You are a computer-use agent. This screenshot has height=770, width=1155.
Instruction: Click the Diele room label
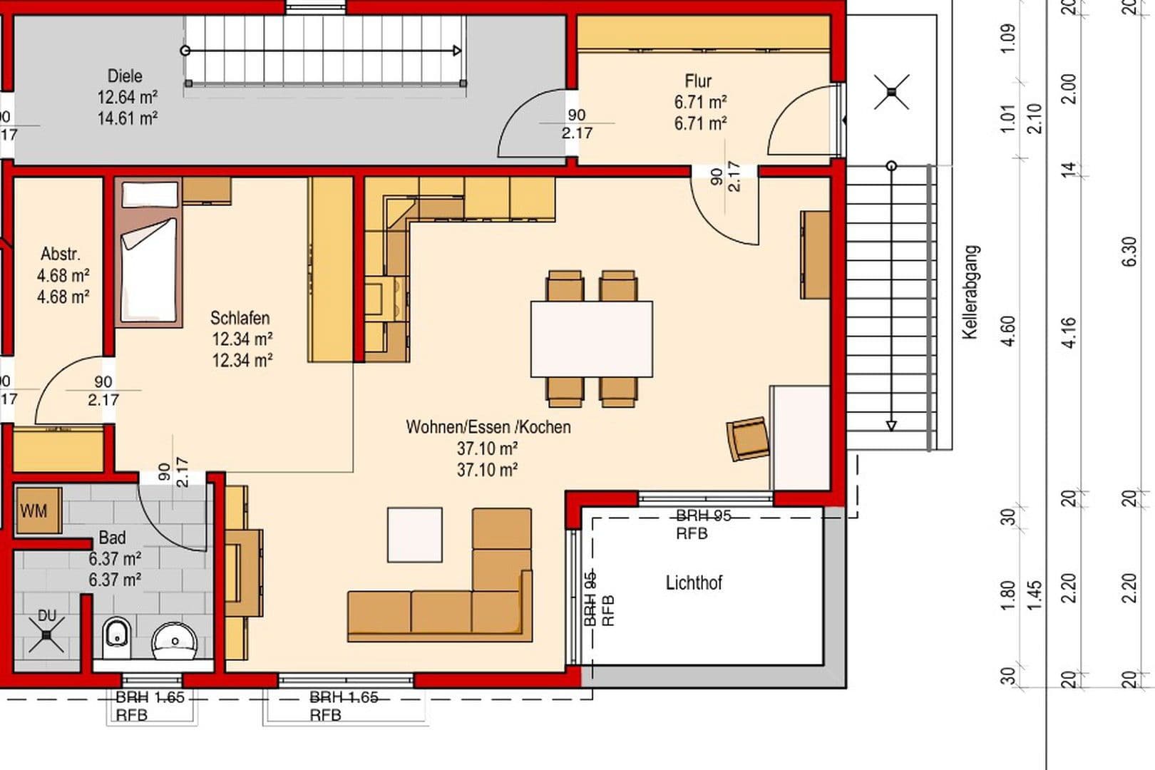point(125,76)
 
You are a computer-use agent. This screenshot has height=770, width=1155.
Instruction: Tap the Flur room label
point(698,81)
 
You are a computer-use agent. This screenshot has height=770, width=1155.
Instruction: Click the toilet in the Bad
point(116,638)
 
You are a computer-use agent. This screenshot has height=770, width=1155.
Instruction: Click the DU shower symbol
point(47,635)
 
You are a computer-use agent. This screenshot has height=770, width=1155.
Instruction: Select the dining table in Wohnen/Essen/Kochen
point(591,339)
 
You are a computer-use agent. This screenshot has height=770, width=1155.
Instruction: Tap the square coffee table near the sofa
point(414,535)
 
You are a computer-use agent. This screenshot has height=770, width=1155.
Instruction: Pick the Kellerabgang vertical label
point(970,292)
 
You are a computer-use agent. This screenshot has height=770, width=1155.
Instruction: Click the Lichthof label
point(694,583)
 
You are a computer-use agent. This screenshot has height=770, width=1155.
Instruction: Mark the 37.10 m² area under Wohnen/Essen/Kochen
point(487,448)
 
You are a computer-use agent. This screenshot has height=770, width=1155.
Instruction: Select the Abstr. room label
point(61,255)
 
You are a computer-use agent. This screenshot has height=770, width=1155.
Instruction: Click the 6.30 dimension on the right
point(1130,252)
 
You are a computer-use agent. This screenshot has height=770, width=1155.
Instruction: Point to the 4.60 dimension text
point(1008,332)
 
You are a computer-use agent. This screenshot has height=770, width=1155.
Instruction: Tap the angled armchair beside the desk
point(747,438)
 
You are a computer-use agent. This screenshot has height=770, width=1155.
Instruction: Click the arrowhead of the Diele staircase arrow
point(457,51)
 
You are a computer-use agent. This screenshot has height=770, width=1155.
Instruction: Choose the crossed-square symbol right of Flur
point(891,92)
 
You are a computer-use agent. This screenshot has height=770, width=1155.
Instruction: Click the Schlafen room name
point(240,318)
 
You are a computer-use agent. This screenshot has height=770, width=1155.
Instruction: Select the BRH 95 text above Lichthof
point(703,515)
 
